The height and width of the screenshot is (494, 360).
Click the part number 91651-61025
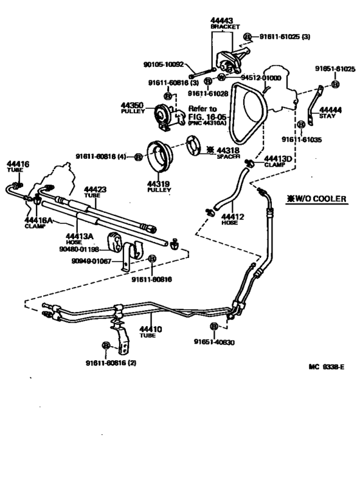(335, 68)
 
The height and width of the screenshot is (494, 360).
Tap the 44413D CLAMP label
(278, 160)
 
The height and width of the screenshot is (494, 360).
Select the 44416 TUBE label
(18, 167)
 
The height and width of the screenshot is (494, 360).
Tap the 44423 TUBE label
(95, 192)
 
